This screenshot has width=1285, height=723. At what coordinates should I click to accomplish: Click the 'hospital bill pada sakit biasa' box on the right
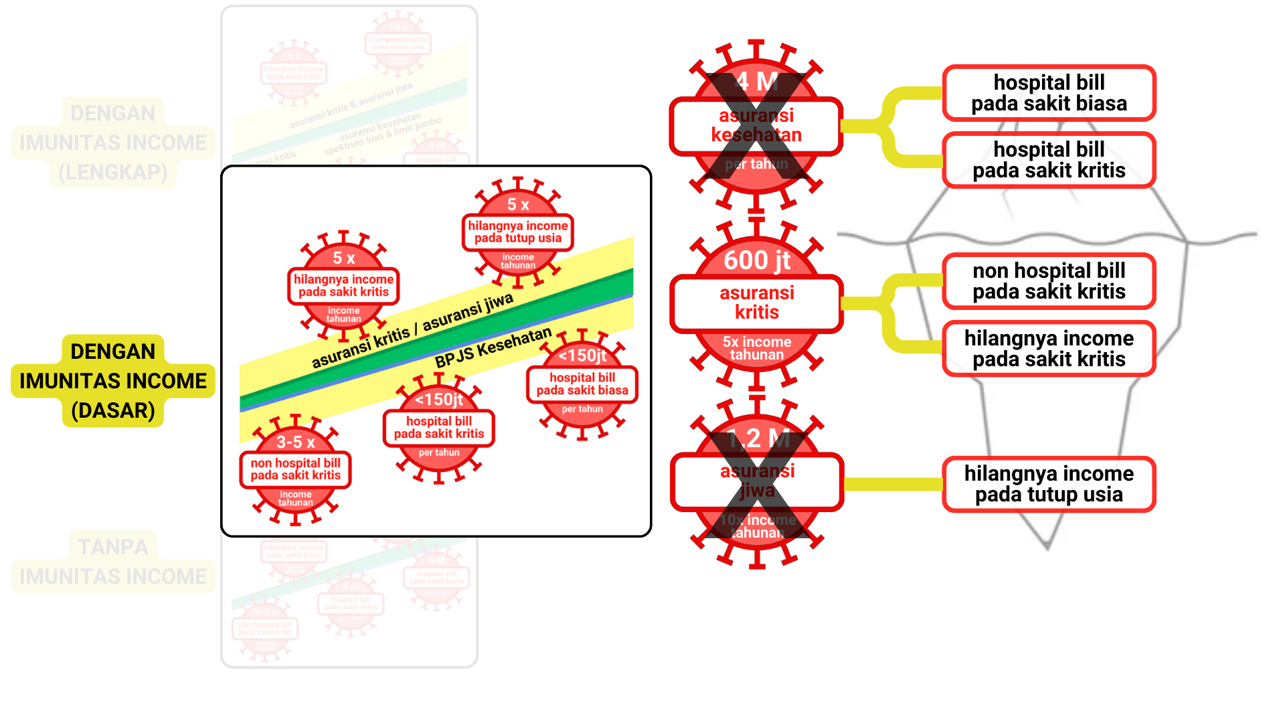coord(1049,93)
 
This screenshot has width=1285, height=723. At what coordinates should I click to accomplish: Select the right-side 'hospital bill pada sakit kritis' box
coord(1049,160)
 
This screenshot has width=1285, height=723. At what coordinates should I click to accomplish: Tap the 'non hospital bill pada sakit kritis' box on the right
coord(1049,281)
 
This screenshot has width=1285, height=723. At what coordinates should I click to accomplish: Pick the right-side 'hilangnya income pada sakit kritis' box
coord(1049,349)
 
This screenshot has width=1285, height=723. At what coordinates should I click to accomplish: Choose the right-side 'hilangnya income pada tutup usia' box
coord(1049,484)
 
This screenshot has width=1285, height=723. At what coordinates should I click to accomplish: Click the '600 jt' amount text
coord(757,260)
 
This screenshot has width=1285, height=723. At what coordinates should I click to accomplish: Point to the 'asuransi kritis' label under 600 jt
coord(757,303)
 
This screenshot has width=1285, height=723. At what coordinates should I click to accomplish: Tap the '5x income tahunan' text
coord(757,348)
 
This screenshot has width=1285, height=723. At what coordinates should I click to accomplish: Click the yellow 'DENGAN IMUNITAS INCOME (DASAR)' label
coord(113,380)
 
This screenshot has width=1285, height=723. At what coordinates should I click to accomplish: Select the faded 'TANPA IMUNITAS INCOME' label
coord(113,561)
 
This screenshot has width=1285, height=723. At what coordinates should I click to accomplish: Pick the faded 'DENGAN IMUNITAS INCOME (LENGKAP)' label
coord(113,143)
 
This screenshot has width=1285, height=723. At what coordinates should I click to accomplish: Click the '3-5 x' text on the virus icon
coord(295,442)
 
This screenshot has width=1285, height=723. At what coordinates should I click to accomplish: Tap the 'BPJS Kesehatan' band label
coord(493,347)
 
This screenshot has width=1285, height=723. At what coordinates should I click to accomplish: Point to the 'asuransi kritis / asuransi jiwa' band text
coord(412,331)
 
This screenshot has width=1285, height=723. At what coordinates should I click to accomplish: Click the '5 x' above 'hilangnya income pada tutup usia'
coord(518,204)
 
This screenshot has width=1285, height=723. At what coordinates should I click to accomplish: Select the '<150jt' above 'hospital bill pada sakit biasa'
coord(582,355)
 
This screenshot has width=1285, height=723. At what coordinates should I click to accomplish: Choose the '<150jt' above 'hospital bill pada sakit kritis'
coord(439,400)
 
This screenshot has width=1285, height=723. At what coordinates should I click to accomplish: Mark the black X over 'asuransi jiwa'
coord(757,483)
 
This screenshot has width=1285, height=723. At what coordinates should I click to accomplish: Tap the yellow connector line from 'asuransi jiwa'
coord(893,484)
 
